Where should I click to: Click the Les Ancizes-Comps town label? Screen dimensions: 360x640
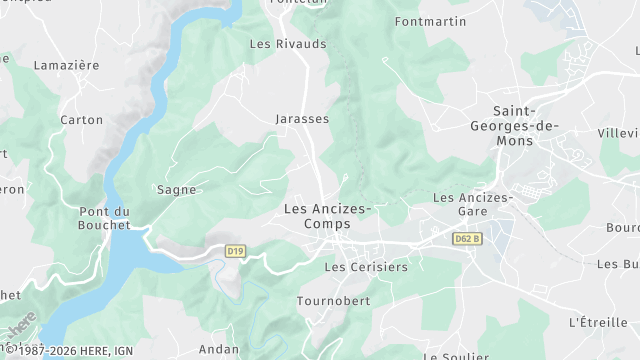click(x=327, y=216)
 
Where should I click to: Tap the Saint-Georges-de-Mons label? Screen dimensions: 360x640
click(x=515, y=126)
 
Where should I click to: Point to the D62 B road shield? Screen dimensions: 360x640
click(x=467, y=239)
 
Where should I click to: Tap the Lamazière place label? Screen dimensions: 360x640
click(x=66, y=65)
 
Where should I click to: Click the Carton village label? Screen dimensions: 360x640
click(x=81, y=120)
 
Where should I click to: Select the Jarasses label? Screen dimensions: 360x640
click(x=302, y=119)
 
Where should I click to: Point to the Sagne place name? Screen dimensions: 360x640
click(x=175, y=189)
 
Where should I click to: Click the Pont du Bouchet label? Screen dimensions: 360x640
click(x=104, y=218)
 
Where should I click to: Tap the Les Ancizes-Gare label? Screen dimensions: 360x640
click(x=472, y=205)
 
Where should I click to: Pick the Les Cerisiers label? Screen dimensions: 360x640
click(x=366, y=268)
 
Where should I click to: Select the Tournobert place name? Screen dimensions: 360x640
click(x=333, y=301)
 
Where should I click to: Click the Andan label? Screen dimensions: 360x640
click(x=218, y=349)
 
